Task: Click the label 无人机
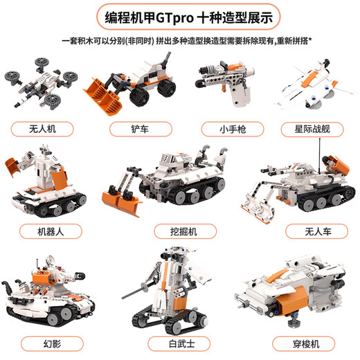coord(42,129)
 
